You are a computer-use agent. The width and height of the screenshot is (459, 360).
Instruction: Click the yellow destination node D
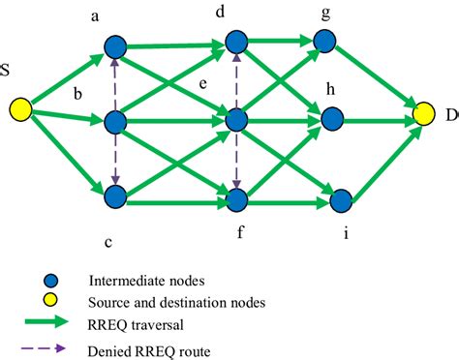click(x=424, y=115)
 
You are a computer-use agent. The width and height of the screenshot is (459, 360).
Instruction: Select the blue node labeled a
click(x=115, y=46)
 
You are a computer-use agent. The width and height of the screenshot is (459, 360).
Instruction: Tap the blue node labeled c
click(x=115, y=196)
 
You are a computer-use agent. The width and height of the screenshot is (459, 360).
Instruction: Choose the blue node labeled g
click(x=323, y=41)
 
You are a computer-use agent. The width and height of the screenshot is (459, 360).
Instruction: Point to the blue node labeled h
click(x=331, y=118)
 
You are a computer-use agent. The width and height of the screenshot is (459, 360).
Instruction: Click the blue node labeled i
click(x=340, y=201)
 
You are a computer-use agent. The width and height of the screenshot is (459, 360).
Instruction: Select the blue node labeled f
click(x=236, y=199)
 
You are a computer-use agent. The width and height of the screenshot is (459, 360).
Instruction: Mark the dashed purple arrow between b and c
click(x=115, y=160)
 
